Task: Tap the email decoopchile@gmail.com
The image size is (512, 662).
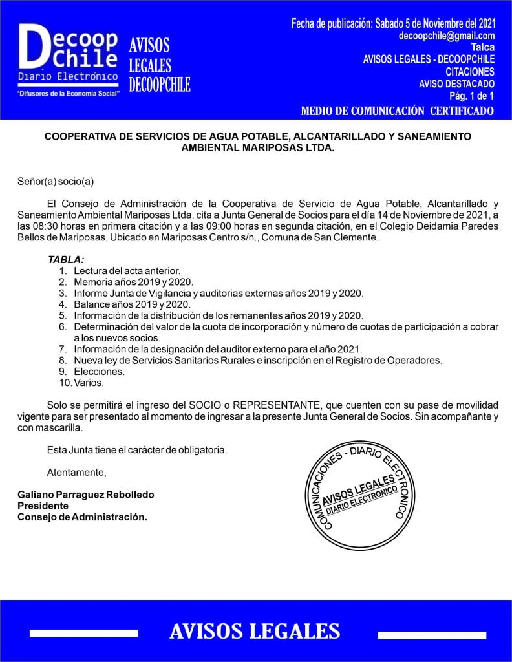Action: point(447,36)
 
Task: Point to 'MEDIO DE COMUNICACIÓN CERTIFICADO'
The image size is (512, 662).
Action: point(398,111)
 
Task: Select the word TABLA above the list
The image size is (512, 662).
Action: point(66,259)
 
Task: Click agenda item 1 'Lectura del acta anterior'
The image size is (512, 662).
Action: point(127,270)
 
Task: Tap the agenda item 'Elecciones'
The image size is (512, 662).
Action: point(99,372)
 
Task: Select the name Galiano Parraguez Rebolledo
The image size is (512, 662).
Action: point(86,495)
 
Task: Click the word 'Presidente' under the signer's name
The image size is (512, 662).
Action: point(43,506)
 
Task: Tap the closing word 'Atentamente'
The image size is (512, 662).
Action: point(76,471)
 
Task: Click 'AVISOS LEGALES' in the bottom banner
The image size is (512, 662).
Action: point(255,632)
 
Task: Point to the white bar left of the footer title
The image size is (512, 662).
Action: point(83,633)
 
